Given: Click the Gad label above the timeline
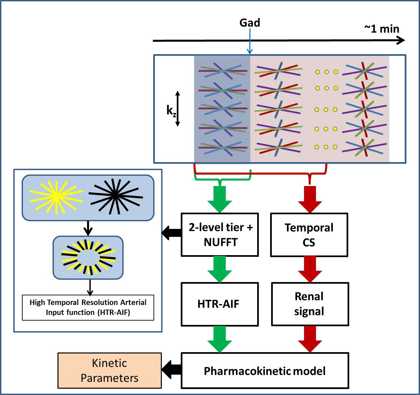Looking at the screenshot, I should pyautogui.click(x=250, y=23).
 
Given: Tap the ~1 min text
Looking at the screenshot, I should pyautogui.click(x=382, y=29).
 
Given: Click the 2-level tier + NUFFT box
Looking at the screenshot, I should pyautogui.click(x=220, y=235).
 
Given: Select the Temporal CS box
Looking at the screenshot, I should pyautogui.click(x=309, y=235).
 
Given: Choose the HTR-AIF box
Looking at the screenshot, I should pyautogui.click(x=219, y=304).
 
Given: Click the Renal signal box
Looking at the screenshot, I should pyautogui.click(x=310, y=304).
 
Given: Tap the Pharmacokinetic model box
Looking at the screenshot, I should pyautogui.click(x=265, y=371).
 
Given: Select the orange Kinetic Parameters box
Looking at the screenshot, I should pyautogui.click(x=110, y=370).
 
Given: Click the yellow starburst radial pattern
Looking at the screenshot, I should pyautogui.click(x=56, y=197).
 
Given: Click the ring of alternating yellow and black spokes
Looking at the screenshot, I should pyautogui.click(x=88, y=257).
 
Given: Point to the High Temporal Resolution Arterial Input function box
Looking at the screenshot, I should pyautogui.click(x=88, y=308).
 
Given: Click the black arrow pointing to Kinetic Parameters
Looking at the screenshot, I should pyautogui.click(x=171, y=370).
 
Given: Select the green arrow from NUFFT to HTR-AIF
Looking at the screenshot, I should pyautogui.click(x=220, y=269).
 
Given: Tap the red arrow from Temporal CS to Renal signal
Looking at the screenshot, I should pyautogui.click(x=310, y=269).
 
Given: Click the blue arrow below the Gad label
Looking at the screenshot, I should pyautogui.click(x=250, y=42).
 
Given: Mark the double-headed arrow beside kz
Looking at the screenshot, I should pyautogui.click(x=177, y=109).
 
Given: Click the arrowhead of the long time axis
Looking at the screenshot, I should pyautogui.click(x=401, y=41).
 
